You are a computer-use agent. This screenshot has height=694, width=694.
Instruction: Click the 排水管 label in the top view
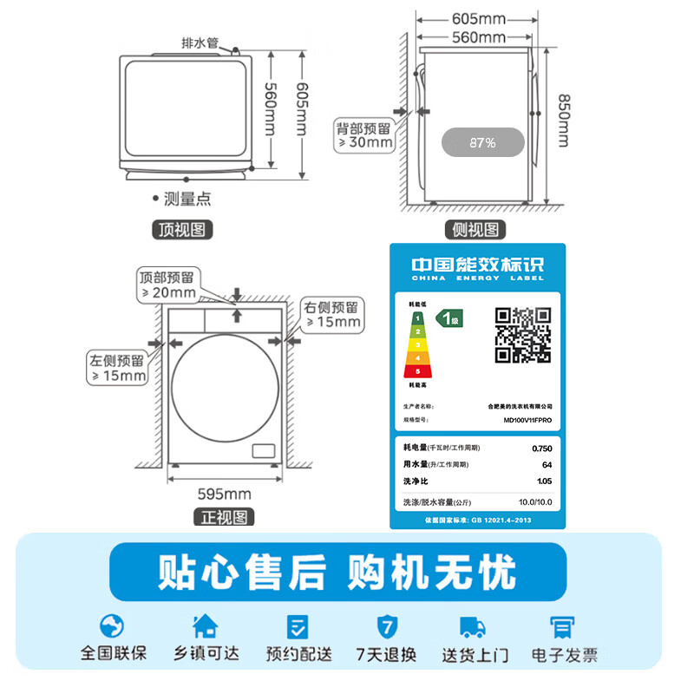(200, 43)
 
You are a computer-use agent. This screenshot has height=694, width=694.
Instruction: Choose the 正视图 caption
(223, 518)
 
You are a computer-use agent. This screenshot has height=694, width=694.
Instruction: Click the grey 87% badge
(482, 142)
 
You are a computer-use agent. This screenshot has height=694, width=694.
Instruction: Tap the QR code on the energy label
(522, 335)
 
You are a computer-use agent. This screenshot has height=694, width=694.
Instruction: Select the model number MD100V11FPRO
(527, 420)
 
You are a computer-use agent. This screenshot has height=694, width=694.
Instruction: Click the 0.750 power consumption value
(540, 448)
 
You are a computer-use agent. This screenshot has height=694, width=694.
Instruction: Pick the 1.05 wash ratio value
(543, 481)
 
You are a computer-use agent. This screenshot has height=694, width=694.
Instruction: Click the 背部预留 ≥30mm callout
(365, 135)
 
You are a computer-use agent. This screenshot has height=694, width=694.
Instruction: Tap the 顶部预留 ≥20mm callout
(168, 285)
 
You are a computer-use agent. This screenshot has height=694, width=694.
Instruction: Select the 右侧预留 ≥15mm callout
(331, 315)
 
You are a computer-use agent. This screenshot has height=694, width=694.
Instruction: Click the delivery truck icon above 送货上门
(471, 625)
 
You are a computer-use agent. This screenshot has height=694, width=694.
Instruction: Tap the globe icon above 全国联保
(113, 625)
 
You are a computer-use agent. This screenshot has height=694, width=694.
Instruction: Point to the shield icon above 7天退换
(386, 625)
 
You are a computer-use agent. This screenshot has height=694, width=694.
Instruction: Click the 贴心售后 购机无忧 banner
(337, 573)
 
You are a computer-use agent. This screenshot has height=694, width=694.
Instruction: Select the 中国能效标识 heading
(476, 265)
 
